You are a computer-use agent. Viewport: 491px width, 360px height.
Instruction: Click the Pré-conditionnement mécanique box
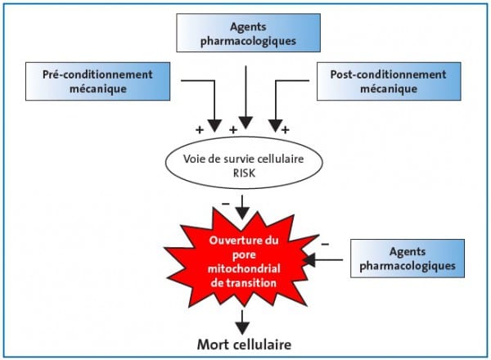click(97, 81)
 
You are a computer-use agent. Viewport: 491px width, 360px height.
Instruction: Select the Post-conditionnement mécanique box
click(389, 81)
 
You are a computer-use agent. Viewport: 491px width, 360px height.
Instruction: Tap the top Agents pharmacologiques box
click(248, 33)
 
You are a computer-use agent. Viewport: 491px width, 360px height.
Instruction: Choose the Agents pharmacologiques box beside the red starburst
click(408, 259)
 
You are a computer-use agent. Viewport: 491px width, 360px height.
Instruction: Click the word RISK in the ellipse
click(244, 173)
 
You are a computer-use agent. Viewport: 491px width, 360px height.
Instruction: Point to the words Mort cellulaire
click(244, 344)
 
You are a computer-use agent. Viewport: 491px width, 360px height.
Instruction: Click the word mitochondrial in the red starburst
click(244, 269)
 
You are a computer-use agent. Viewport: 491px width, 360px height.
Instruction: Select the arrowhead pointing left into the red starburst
click(309, 260)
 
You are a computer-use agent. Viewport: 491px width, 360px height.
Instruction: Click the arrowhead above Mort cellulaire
click(242, 327)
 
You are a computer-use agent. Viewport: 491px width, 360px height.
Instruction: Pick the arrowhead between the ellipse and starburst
click(242, 214)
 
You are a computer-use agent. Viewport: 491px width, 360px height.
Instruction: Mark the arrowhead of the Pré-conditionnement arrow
click(214, 126)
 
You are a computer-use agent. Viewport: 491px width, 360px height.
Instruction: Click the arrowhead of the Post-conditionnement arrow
click(276, 126)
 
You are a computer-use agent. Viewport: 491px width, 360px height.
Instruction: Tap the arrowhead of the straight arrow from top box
click(245, 123)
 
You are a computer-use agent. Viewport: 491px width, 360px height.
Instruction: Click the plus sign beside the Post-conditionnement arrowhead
click(286, 129)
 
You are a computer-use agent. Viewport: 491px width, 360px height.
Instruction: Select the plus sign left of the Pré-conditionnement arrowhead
click(200, 129)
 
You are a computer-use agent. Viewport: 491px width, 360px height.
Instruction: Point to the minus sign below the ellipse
click(226, 204)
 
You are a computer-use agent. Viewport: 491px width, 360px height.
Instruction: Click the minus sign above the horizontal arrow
click(325, 244)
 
